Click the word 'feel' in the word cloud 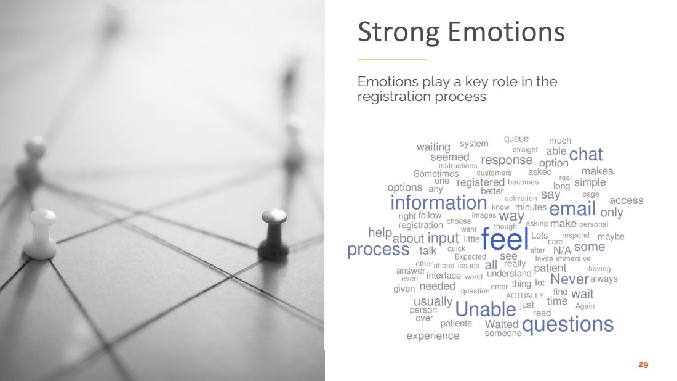[x=505, y=239]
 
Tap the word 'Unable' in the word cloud [x=486, y=309]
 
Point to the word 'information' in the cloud [x=439, y=202]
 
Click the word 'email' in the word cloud [x=572, y=209]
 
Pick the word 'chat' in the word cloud [x=585, y=154]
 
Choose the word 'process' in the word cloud [x=379, y=250]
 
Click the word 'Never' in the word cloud [x=569, y=279]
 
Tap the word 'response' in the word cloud [x=507, y=160]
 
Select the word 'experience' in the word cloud [x=433, y=336]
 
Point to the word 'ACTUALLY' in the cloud [x=524, y=296]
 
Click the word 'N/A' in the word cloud [x=562, y=250]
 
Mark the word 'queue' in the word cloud [x=516, y=139]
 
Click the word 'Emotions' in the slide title [x=506, y=32]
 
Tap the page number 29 [x=643, y=364]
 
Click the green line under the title [x=392, y=60]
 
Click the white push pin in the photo [x=41, y=234]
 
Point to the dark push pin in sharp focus [x=273, y=234]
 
